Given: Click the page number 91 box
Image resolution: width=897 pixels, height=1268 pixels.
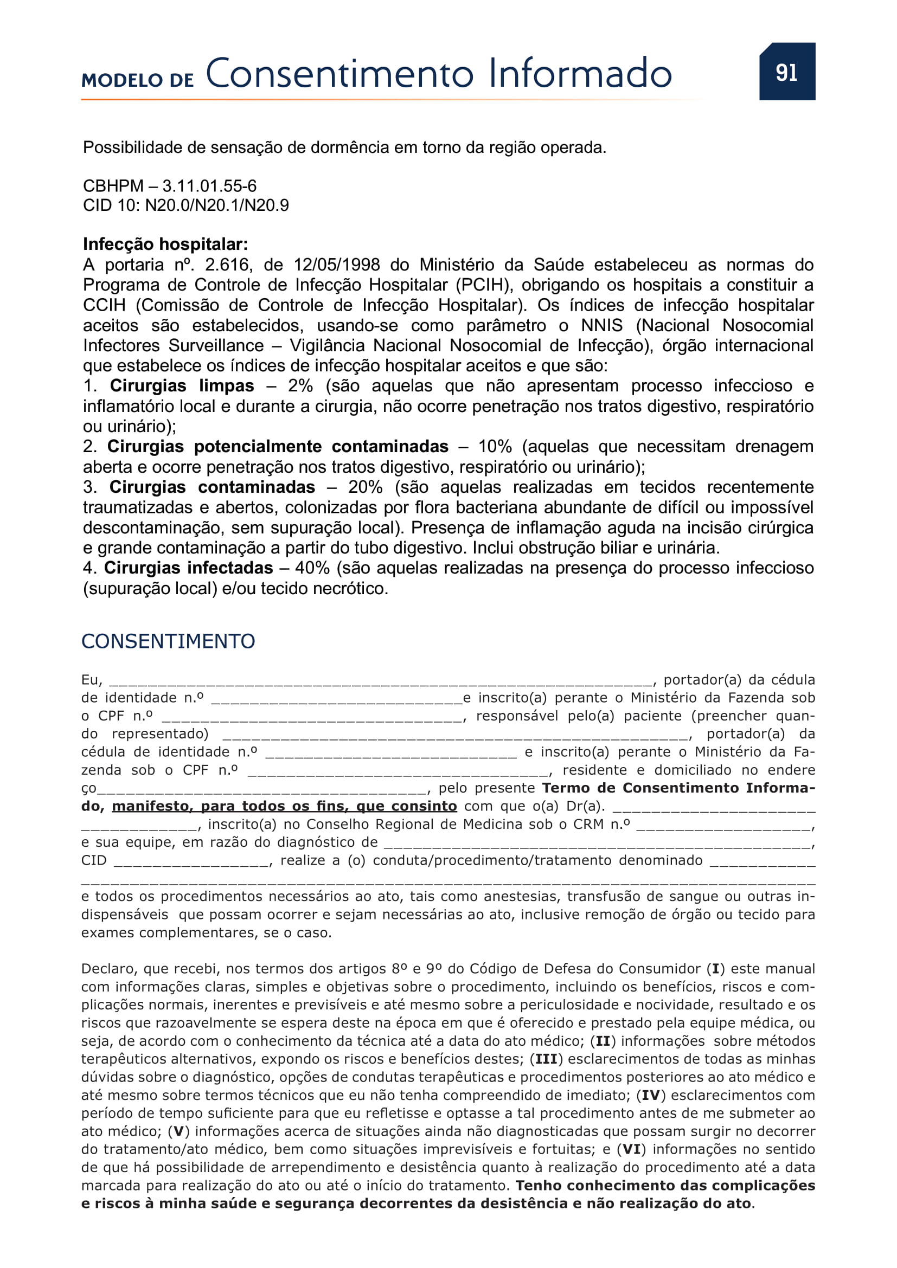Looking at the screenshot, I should [786, 72].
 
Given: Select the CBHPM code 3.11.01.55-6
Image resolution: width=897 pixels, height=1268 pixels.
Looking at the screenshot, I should [209, 185].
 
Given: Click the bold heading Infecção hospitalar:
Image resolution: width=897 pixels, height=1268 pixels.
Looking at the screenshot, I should [165, 244].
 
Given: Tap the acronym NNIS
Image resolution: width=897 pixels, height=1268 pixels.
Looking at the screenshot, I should [601, 325].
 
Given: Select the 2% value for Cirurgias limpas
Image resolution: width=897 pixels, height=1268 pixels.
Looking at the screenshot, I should [300, 385].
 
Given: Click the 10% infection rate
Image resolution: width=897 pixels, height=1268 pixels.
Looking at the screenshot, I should [495, 446].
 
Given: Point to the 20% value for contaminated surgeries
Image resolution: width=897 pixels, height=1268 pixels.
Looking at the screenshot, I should [365, 487].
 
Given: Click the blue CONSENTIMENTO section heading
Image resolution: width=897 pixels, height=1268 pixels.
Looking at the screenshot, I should [168, 641].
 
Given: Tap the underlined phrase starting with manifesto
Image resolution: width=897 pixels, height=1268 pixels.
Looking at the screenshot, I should [284, 806].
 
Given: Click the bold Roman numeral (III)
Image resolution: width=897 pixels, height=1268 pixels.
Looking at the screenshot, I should [546, 1059].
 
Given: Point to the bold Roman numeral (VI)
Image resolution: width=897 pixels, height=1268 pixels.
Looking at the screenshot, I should [631, 1149].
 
